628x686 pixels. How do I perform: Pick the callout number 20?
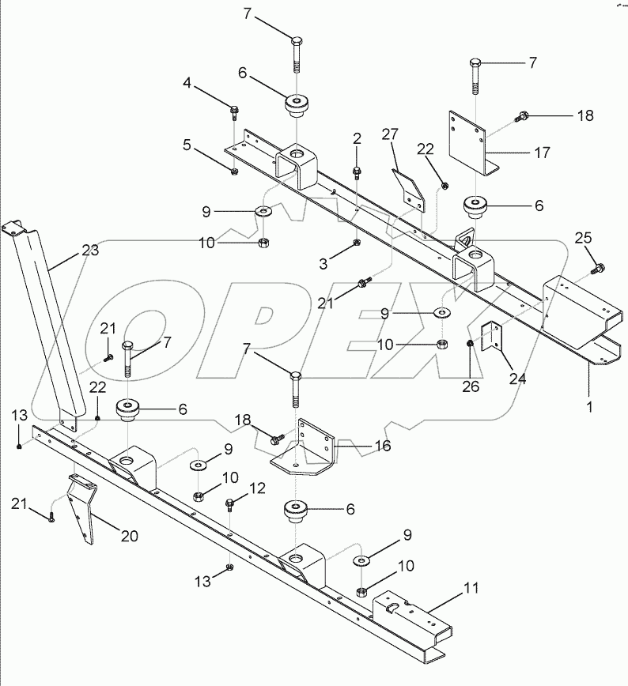[129, 537]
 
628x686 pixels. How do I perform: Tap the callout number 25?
[582, 237]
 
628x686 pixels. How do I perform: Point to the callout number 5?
[187, 145]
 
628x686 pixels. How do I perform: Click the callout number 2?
[357, 138]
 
